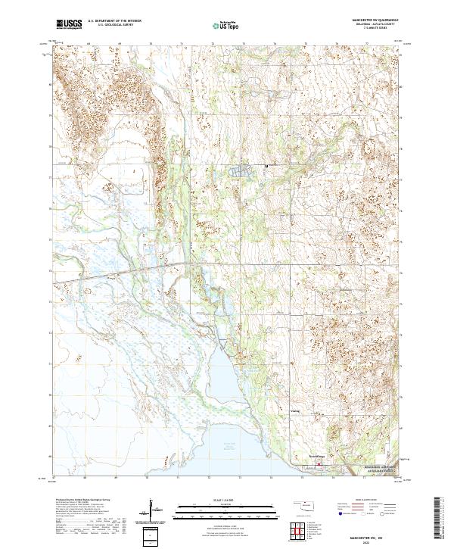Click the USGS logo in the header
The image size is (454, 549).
pos(68,24)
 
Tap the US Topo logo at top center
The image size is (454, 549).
pos(226,25)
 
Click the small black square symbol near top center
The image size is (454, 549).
pos(266,165)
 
